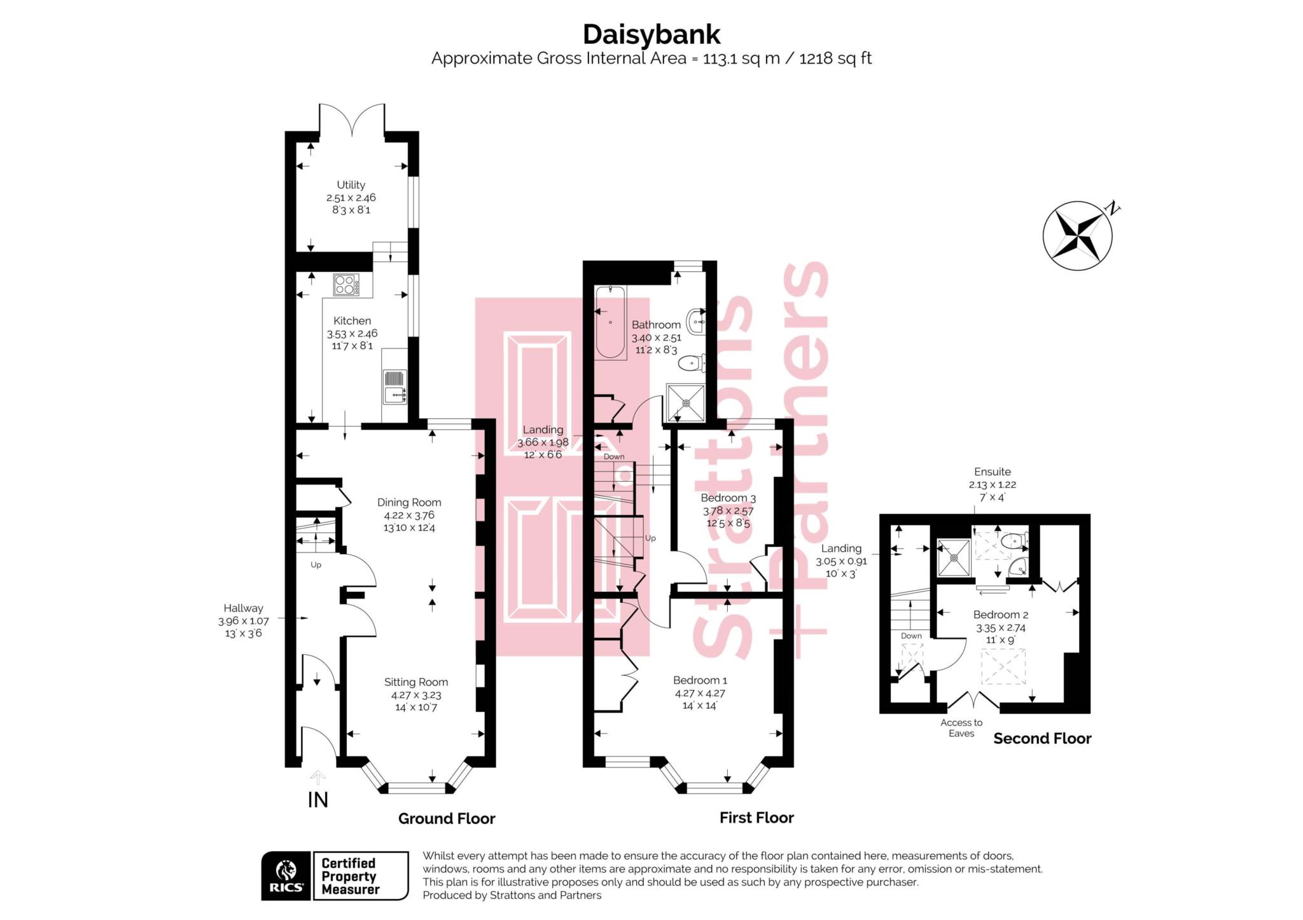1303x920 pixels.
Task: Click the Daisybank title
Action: tap(651, 34)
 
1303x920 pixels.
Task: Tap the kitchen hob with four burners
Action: tap(345, 284)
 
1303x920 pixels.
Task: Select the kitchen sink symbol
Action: tap(394, 387)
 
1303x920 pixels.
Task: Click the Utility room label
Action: tap(351, 184)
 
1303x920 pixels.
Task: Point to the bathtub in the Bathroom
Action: tap(610, 322)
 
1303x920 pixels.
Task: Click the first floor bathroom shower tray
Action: tap(686, 402)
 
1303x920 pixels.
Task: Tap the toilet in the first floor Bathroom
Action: tap(692, 364)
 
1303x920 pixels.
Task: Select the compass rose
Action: tap(1078, 236)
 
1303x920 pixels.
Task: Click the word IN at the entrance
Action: tap(317, 800)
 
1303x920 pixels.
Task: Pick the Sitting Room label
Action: tap(415, 682)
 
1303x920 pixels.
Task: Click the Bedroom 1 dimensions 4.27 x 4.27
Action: tap(700, 693)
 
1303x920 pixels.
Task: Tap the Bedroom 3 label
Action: tap(728, 498)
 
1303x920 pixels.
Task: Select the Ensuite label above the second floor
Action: tap(992, 472)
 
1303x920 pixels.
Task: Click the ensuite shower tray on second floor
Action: tap(954, 558)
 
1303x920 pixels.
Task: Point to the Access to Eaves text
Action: tap(961, 727)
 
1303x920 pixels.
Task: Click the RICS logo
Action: tap(286, 876)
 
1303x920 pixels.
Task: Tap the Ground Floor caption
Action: tap(446, 818)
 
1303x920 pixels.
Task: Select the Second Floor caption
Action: tap(1042, 738)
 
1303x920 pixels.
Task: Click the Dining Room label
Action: tap(408, 502)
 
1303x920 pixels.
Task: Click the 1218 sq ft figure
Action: tap(835, 58)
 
